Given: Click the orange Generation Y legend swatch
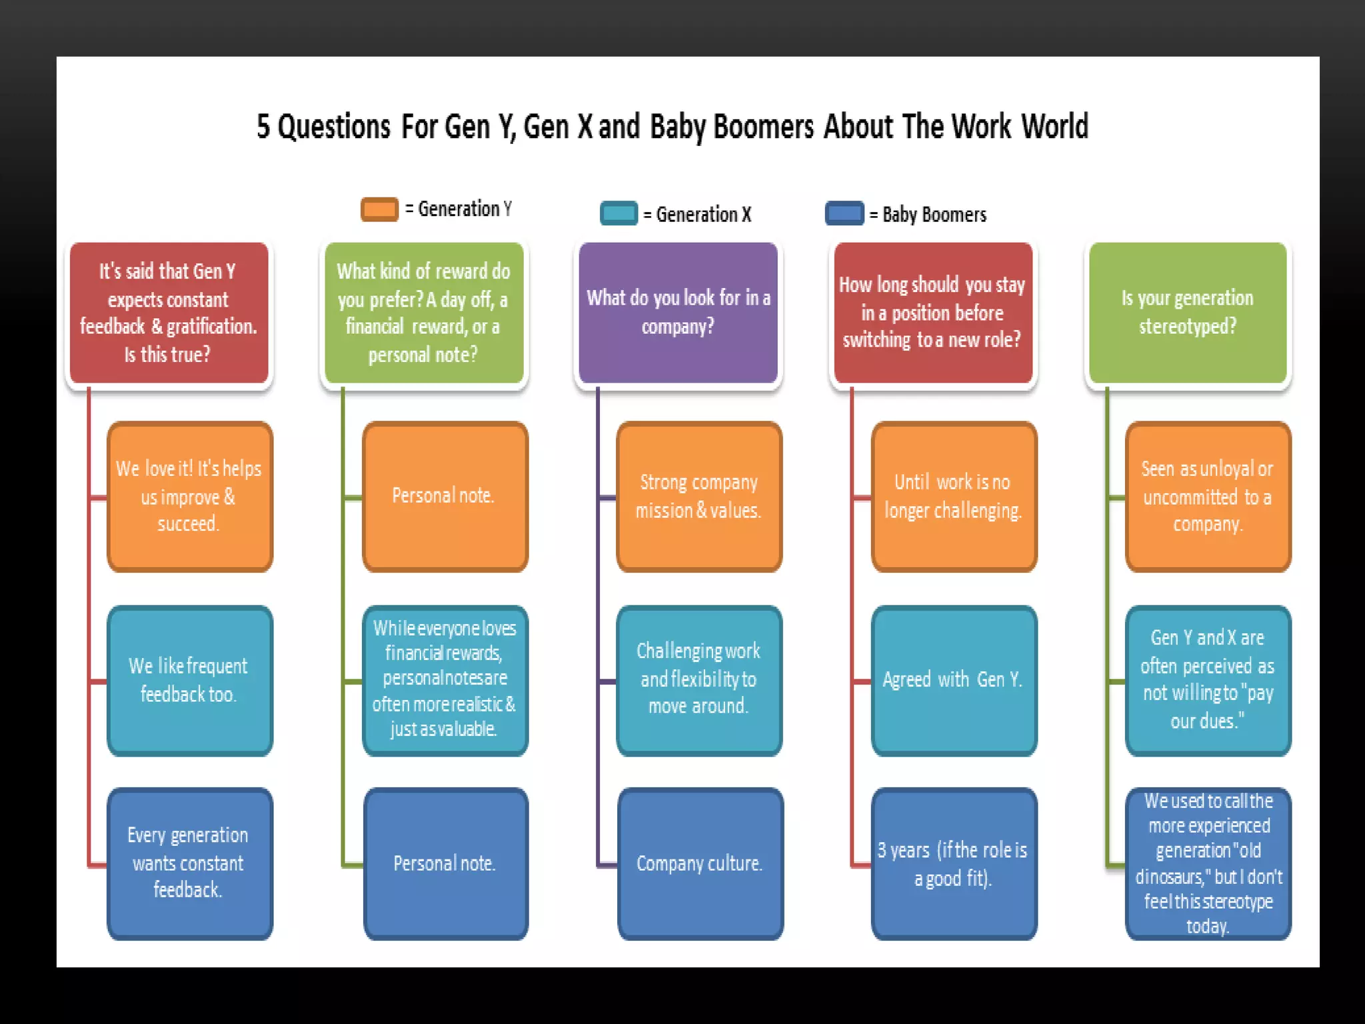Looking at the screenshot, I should [379, 209].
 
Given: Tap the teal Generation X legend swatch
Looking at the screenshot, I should [619, 213].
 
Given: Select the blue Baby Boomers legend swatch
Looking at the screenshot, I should [844, 213].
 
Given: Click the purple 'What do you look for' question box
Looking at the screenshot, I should [678, 312].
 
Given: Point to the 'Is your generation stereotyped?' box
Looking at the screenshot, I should [1188, 312].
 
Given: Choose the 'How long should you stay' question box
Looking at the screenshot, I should [933, 312].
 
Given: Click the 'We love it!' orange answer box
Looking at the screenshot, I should [190, 497].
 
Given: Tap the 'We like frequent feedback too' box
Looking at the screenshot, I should [190, 681].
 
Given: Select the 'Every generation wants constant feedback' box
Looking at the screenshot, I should [190, 863].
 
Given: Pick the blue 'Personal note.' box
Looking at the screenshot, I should [445, 863].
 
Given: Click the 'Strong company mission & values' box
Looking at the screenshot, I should [699, 497].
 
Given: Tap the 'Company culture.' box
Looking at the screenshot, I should [700, 863].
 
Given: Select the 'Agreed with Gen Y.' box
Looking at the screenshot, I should [954, 681].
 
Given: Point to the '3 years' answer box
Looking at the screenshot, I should [954, 863].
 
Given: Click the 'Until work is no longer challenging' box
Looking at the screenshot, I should [954, 497].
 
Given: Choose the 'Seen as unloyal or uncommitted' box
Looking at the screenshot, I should [1208, 497].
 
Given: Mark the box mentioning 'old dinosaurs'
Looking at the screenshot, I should [1208, 863].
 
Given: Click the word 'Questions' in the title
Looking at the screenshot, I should [333, 127].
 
